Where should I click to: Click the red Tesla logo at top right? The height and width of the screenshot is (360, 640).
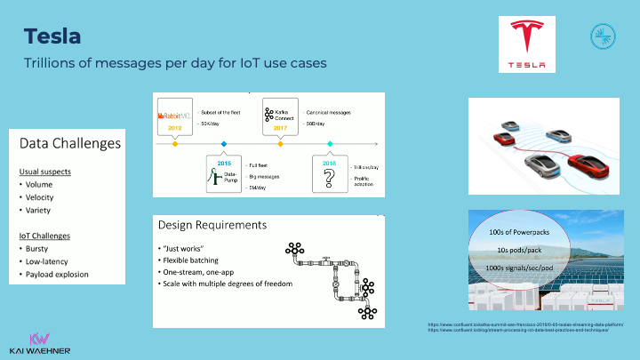tap(533, 44)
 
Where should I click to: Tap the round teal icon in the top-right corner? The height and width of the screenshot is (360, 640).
tap(603, 36)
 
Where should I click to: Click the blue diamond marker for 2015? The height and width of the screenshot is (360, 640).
tap(223, 143)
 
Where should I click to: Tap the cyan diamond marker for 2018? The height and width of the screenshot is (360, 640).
tap(330, 143)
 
